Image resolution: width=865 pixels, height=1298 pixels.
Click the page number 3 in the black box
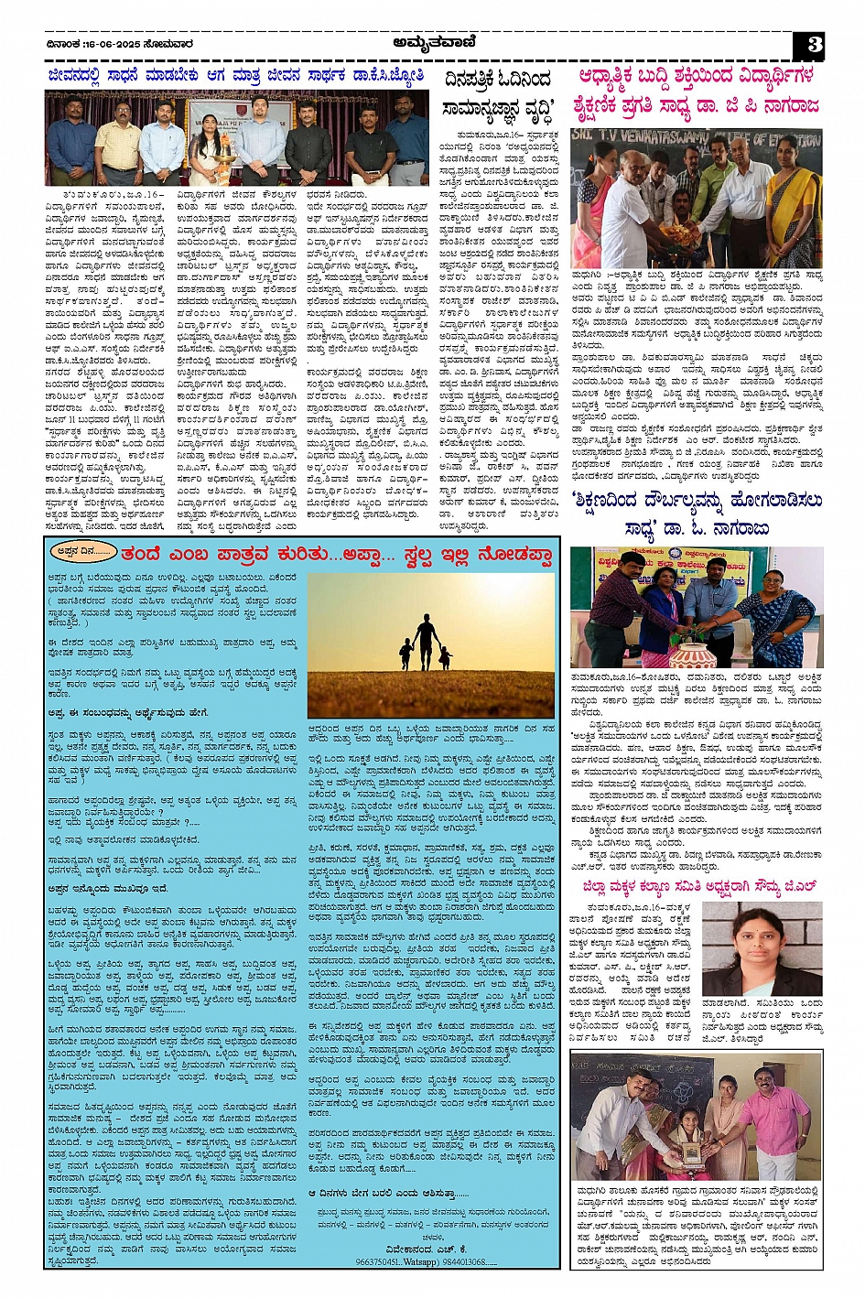click(x=814, y=45)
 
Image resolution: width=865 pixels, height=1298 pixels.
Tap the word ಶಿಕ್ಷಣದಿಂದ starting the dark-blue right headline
click(x=622, y=502)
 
